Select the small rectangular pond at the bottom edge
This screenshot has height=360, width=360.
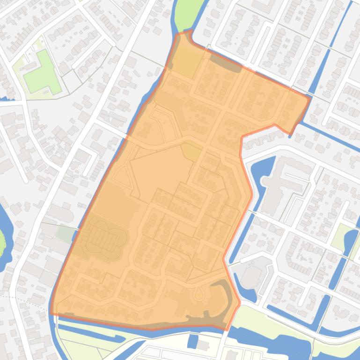point(192,341)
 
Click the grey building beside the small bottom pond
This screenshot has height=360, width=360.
point(203,345)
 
